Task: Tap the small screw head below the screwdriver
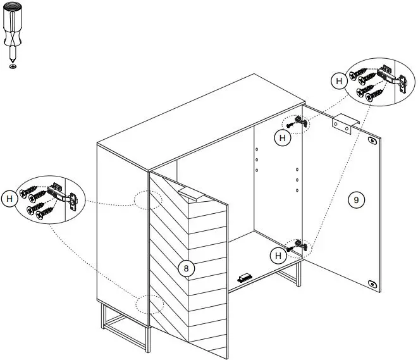[13, 65]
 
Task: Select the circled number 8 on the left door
[185, 268]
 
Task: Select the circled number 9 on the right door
[356, 200]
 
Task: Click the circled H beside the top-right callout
[339, 80]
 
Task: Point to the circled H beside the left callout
[9, 199]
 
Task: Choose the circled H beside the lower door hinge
[278, 256]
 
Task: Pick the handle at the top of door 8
[192, 194]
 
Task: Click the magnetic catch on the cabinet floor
[245, 278]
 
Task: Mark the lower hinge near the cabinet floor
[299, 245]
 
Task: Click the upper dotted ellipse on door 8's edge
[148, 199]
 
